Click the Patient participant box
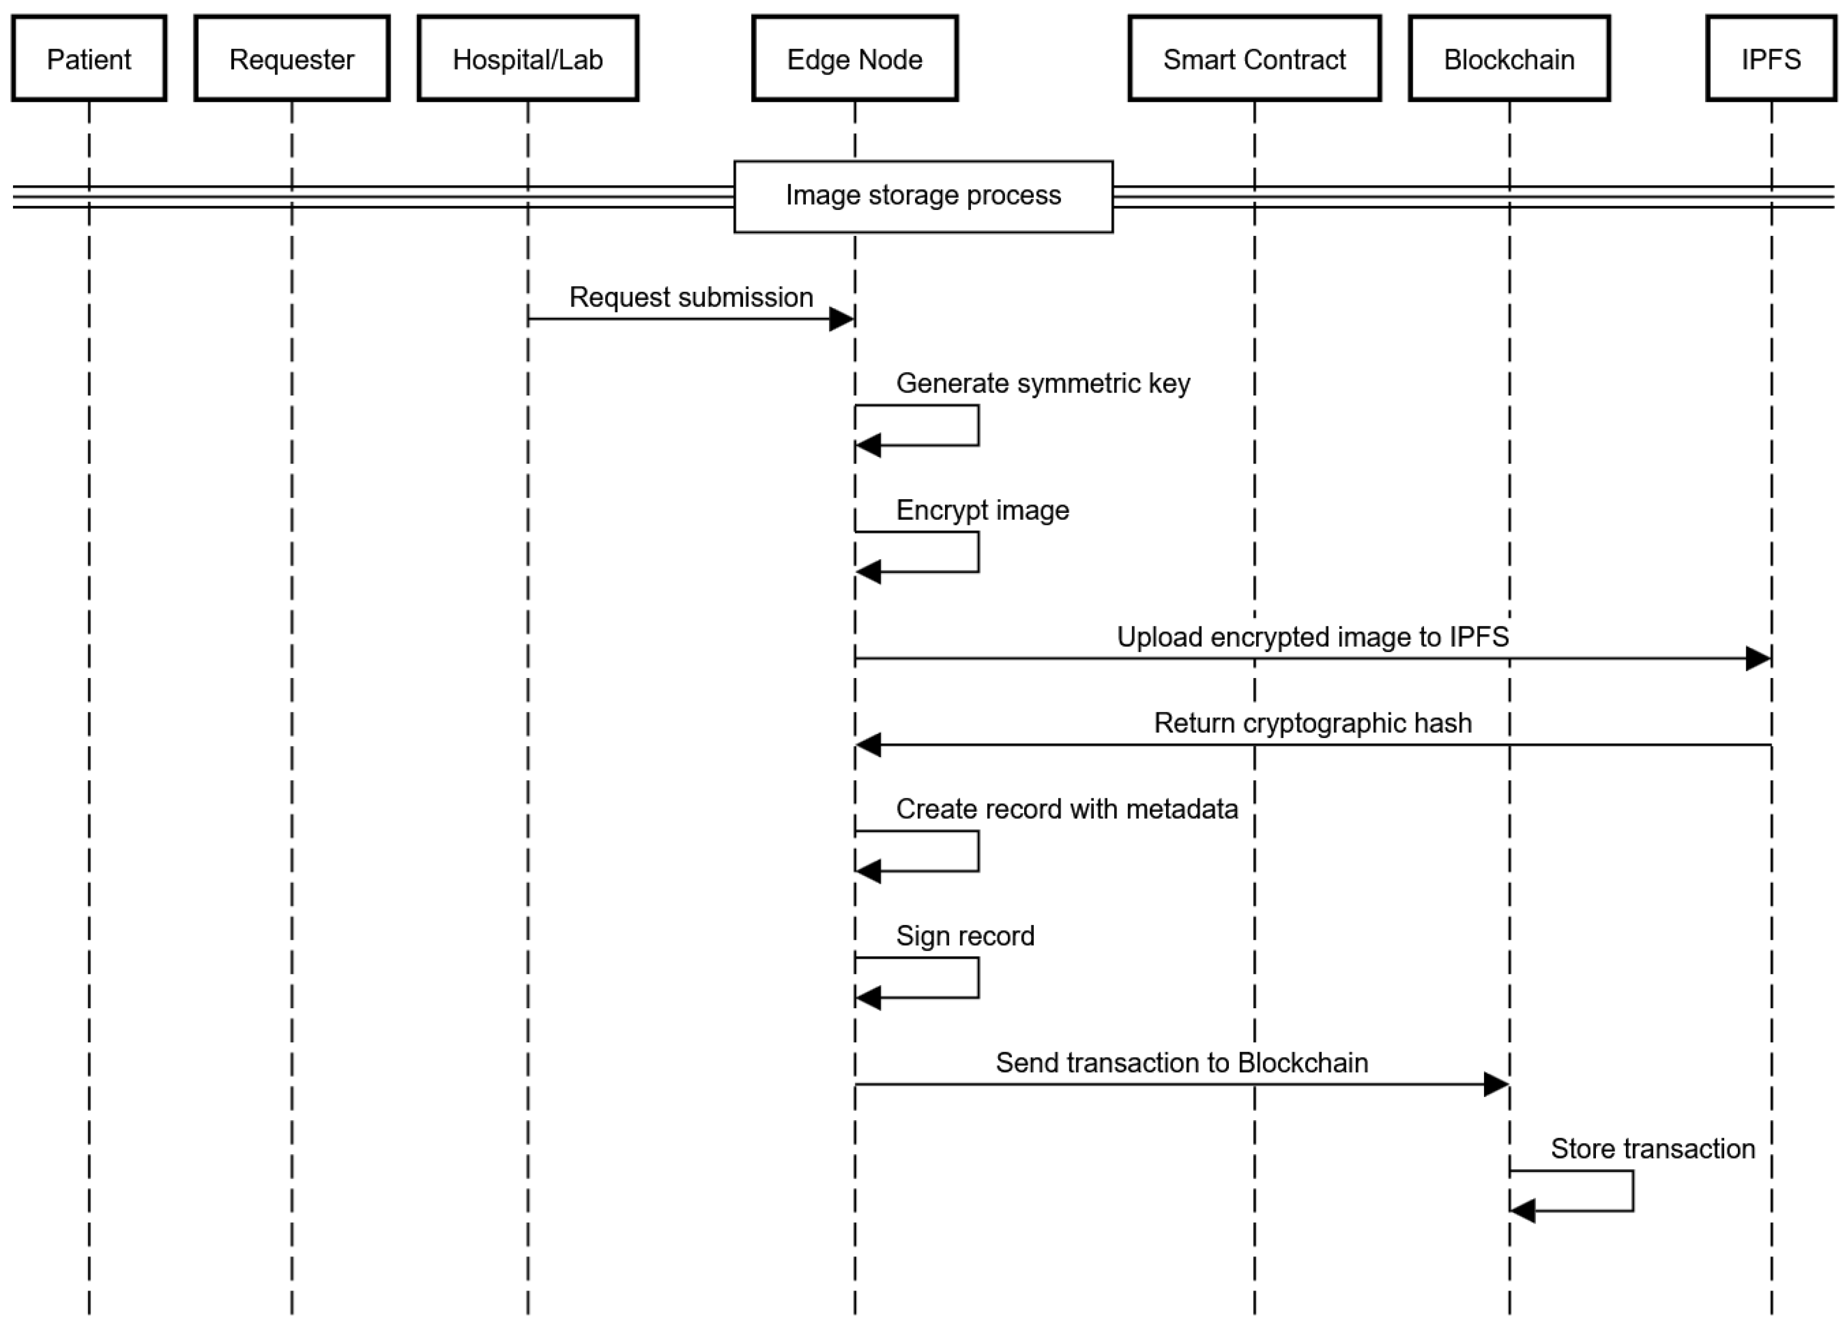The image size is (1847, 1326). click(89, 59)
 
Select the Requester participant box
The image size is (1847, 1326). click(292, 59)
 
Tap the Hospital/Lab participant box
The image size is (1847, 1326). click(528, 59)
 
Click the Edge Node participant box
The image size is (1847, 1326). click(855, 59)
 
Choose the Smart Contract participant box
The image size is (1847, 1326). click(1254, 59)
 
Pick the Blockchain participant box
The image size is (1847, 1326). click(1509, 59)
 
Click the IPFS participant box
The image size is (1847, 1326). click(1771, 59)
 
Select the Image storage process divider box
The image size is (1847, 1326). click(923, 196)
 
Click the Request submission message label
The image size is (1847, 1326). click(691, 297)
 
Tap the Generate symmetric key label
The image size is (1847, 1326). click(1042, 383)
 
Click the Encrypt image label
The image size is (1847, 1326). click(982, 511)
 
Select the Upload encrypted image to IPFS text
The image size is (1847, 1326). click(1312, 637)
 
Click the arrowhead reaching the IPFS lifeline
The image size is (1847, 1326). click(1758, 659)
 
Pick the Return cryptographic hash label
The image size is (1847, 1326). click(1312, 723)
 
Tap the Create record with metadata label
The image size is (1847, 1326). click(1067, 809)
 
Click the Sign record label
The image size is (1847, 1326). click(965, 936)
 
